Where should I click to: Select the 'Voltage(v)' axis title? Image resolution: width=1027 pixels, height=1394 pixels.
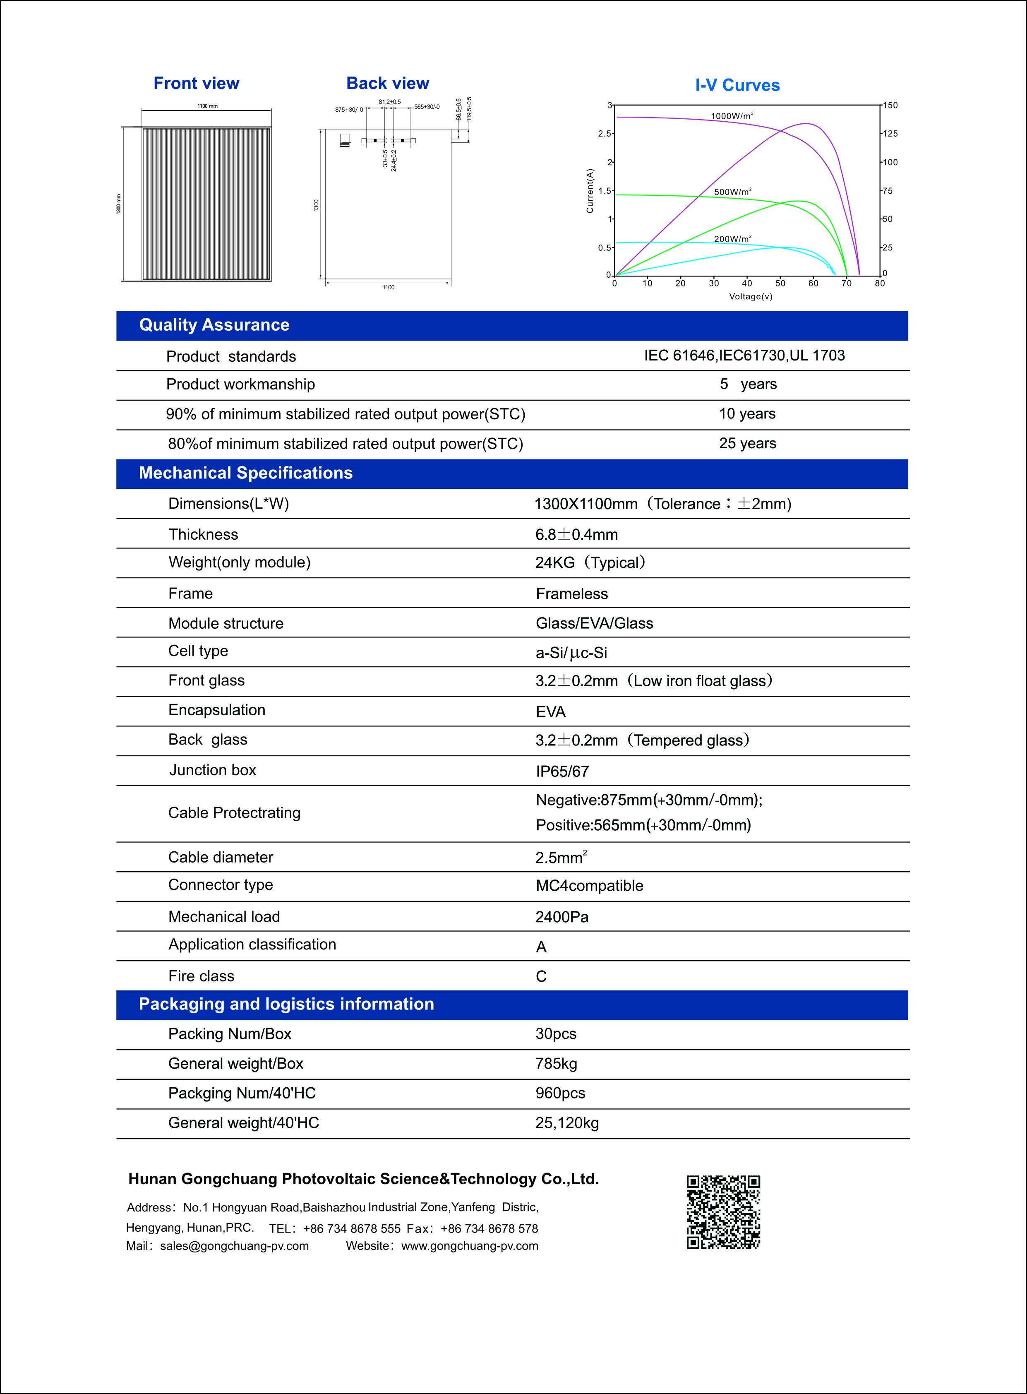coord(750,297)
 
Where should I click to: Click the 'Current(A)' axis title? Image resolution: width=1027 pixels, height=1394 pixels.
coord(590,191)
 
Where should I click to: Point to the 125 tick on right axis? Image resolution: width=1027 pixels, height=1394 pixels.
coord(890,134)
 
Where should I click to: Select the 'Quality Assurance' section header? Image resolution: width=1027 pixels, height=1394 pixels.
coord(214,325)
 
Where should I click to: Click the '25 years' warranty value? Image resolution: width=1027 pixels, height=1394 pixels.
coord(747,443)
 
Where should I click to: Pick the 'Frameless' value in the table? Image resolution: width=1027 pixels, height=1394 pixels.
coord(571,594)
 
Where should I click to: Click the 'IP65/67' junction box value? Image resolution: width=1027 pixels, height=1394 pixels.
coord(562,772)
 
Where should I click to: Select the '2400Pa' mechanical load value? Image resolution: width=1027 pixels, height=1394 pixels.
coord(561,917)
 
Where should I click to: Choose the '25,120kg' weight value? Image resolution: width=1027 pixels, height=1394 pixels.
coord(566,1123)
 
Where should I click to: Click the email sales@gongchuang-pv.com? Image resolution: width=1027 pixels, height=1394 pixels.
coord(234,1245)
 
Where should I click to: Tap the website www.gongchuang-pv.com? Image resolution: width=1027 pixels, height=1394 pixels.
coord(469,1245)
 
